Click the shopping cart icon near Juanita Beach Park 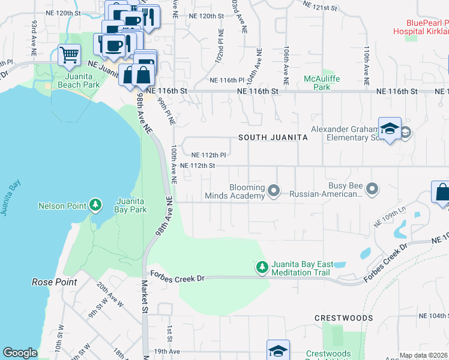pos(70,55)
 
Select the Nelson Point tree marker pos(95,206)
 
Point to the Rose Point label pos(53,281)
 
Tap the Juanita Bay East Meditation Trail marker pos(262,267)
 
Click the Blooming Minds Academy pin pos(274,191)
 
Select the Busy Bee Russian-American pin pos(373,190)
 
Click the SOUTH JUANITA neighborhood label pos(273,137)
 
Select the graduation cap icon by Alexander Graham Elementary pos(390,129)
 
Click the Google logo pos(20,353)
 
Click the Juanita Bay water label pos(7,198)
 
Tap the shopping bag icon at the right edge pos(442,193)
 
